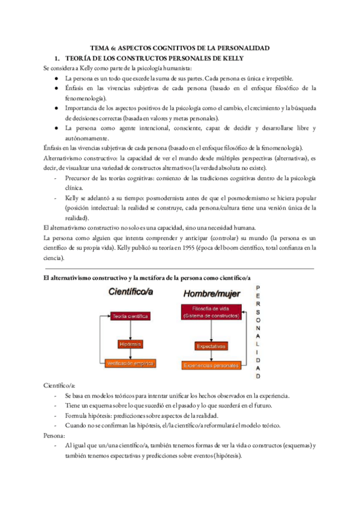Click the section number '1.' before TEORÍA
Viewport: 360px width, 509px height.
click(x=58, y=59)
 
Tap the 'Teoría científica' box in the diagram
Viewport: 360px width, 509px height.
click(x=130, y=316)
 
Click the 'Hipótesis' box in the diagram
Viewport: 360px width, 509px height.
click(x=130, y=344)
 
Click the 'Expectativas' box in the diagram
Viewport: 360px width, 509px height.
click(x=211, y=346)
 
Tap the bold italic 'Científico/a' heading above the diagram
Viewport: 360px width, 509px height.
click(x=131, y=292)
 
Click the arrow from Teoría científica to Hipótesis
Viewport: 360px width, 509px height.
click(x=130, y=330)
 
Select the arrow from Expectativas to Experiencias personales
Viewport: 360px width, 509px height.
click(x=211, y=356)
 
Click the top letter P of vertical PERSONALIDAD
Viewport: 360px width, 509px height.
click(x=258, y=288)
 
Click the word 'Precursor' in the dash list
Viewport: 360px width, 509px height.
click(x=80, y=179)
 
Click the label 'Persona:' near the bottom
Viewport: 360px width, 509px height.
click(x=55, y=435)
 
